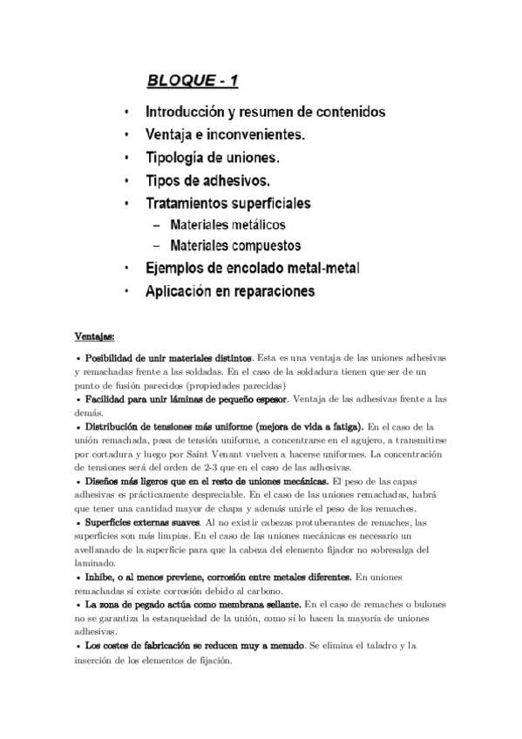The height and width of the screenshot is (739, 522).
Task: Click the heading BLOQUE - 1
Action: pos(192,82)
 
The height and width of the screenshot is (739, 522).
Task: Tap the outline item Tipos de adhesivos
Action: pos(207,180)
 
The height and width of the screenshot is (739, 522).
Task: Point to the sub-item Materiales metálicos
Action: pos(227,225)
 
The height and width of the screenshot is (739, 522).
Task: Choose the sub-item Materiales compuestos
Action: pos(235,246)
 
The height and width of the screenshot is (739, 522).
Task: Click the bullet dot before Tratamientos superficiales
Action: pos(127,204)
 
